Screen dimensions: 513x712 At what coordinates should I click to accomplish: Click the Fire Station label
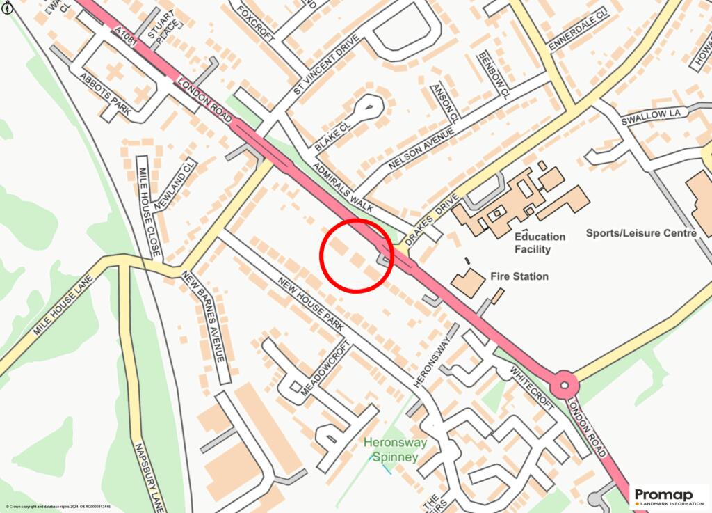click(519, 276)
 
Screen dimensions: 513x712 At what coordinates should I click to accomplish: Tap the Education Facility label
click(540, 243)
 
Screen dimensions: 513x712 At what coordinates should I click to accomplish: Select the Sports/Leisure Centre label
click(641, 233)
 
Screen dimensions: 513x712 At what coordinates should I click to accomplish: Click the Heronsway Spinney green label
click(394, 450)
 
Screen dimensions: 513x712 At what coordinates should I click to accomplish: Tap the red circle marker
click(357, 255)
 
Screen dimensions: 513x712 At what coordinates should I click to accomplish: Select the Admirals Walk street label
click(343, 188)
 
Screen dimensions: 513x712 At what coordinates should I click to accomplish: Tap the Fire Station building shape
click(468, 281)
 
